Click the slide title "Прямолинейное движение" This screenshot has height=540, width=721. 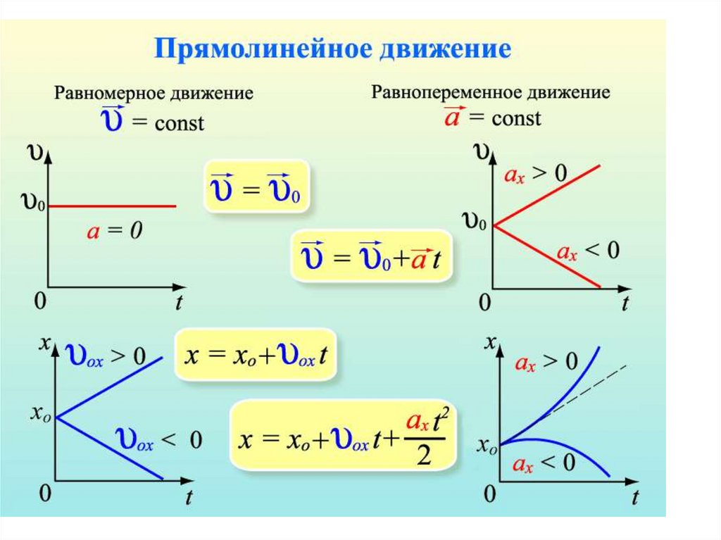point(332,51)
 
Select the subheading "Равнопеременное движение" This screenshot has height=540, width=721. point(491,92)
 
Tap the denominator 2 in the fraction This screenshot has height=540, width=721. point(424,457)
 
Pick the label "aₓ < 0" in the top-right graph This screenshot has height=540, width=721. point(588,250)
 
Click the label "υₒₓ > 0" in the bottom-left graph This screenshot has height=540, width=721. point(106,356)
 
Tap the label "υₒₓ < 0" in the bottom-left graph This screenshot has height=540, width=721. point(159,441)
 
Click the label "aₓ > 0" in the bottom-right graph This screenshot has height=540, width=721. point(546,363)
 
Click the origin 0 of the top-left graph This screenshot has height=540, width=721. point(40,301)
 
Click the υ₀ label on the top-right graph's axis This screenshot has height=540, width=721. point(474,223)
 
